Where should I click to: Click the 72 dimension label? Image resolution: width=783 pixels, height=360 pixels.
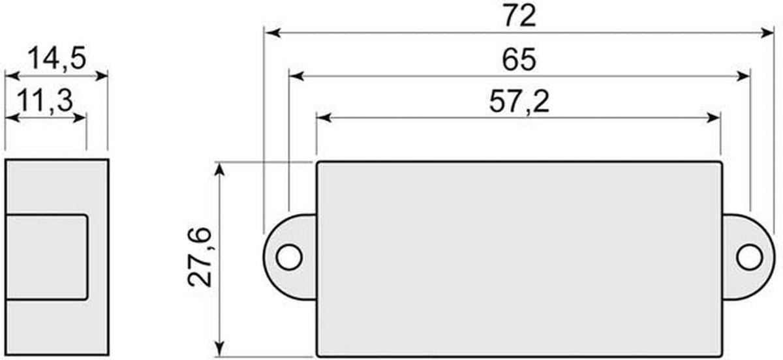[519, 16]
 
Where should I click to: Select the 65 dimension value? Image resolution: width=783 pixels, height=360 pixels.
[519, 59]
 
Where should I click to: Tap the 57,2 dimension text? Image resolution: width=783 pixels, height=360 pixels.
[519, 102]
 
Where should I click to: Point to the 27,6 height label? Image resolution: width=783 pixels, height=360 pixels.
[200, 257]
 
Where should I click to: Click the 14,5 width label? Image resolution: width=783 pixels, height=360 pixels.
[57, 58]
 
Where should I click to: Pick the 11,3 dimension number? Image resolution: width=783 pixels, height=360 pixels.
[46, 100]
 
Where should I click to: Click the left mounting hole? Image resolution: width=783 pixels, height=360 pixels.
[289, 257]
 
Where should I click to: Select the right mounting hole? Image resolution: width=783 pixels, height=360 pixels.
[750, 257]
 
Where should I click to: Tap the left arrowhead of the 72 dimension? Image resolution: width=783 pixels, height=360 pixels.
[273, 33]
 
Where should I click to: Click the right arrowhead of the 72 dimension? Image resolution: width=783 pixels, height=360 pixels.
[766, 33]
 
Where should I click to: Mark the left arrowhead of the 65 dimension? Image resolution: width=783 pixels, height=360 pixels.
[297, 76]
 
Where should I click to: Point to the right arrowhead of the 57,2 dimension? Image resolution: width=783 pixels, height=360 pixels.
[713, 118]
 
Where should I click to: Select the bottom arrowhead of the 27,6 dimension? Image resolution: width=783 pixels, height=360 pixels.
[219, 348]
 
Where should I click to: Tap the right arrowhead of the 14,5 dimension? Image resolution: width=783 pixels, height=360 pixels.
[101, 76]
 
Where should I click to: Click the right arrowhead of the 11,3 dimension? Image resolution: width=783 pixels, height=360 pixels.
[80, 118]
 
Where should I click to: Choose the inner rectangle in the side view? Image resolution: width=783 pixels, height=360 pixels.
[46, 257]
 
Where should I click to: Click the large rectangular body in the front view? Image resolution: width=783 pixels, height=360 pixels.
[519, 259]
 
